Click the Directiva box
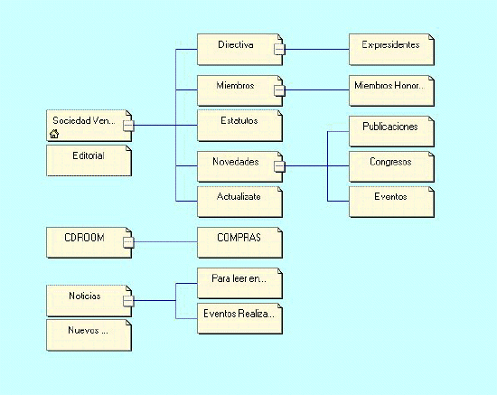239,50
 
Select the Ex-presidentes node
391,50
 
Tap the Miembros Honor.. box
391,90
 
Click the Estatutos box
239,126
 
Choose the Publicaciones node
391,131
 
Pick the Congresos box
391,166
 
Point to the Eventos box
391,202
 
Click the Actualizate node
239,202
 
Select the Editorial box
89,160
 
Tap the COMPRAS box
239,242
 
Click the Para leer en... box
239,283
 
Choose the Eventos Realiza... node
239,318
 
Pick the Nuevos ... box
89,334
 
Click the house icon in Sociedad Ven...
54,134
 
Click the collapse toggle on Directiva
279,49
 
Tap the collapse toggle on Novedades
279,166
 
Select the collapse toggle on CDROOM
128,242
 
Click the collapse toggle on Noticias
128,300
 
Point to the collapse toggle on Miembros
279,90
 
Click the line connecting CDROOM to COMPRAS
165,242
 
